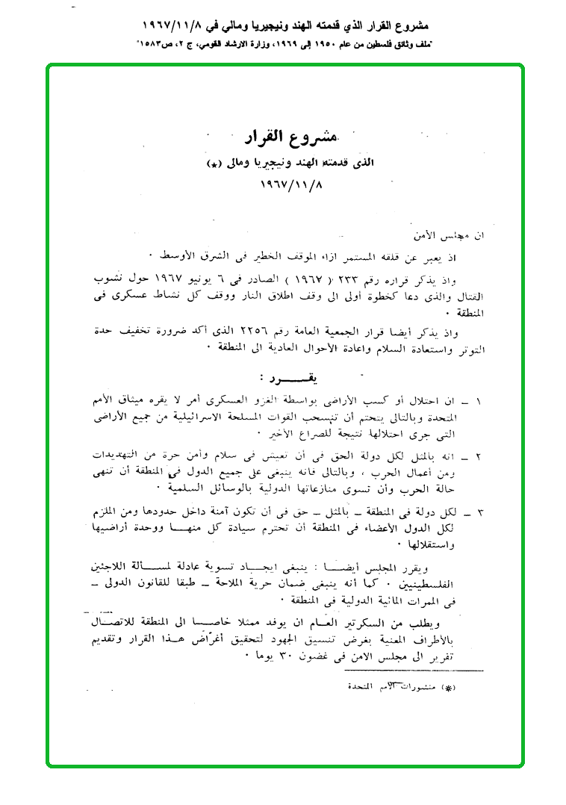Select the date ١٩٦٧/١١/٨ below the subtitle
coord(287,183)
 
